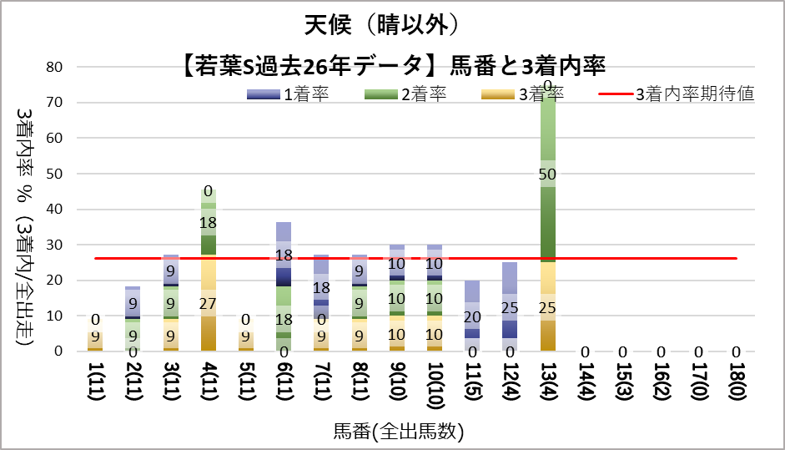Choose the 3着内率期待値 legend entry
pyautogui.click(x=677, y=94)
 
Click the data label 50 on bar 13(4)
pyautogui.click(x=549, y=174)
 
